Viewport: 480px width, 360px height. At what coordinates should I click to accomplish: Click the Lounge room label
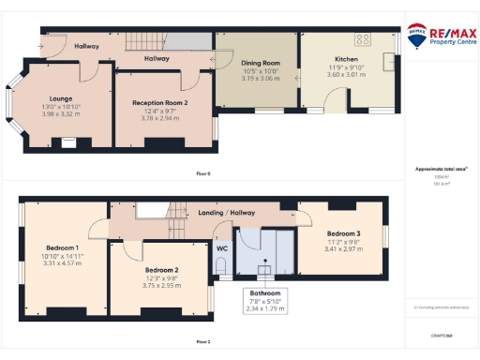[61, 97]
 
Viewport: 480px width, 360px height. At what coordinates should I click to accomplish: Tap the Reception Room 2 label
[158, 102]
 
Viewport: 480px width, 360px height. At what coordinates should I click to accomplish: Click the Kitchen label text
[346, 59]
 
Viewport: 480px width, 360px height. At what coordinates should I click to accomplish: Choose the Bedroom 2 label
[156, 269]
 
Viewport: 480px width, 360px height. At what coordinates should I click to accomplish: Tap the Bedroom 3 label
[343, 233]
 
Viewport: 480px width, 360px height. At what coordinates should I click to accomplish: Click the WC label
[221, 249]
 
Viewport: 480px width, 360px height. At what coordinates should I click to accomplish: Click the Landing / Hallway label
[227, 213]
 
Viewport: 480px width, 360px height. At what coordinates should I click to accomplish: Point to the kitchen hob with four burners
[361, 39]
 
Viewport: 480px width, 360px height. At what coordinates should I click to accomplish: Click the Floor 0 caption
[202, 174]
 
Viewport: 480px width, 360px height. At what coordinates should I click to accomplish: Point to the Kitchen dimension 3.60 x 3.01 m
[346, 74]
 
